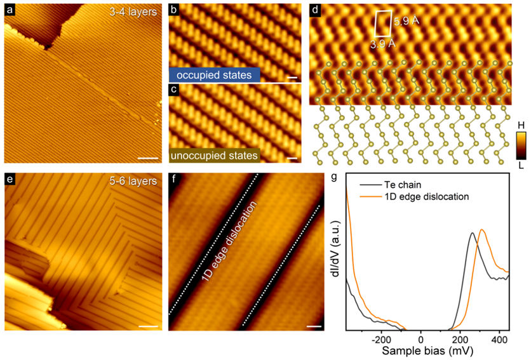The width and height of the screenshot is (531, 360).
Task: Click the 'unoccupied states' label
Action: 214,154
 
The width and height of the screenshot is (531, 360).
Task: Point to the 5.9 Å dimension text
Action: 407,21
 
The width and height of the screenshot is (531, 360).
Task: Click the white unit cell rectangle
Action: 383,23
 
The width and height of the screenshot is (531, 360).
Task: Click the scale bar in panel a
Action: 147,153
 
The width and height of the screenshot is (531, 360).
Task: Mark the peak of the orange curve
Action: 482,230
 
